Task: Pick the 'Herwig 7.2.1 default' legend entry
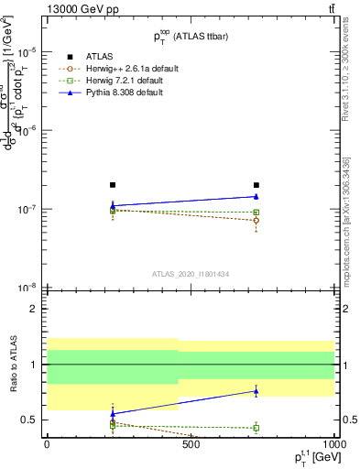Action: (112, 81)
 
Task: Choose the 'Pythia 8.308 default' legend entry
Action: (112, 93)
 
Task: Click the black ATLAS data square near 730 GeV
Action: (256, 185)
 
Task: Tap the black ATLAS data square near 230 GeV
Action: (112, 185)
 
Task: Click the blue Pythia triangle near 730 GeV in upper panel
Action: (256, 196)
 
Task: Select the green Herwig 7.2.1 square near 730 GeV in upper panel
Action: (256, 213)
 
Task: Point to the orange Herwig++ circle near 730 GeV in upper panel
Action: (256, 221)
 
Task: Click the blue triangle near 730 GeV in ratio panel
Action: (256, 391)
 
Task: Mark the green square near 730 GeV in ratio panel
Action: (256, 428)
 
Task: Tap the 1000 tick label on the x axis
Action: (331, 444)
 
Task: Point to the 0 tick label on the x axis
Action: (47, 444)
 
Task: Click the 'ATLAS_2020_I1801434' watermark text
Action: (190, 274)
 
